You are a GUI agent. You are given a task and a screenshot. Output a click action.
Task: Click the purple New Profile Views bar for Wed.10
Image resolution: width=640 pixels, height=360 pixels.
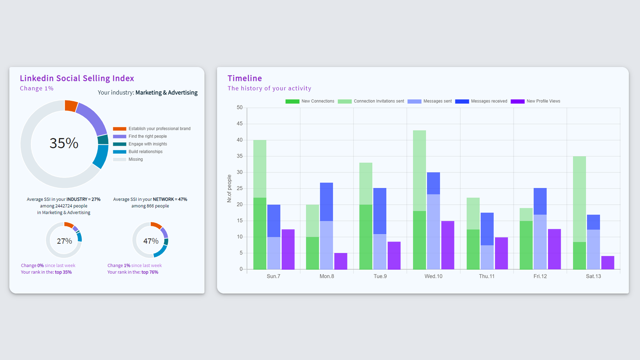[448, 245]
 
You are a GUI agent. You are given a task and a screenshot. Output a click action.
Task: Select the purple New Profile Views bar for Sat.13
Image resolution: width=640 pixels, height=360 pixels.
[608, 263]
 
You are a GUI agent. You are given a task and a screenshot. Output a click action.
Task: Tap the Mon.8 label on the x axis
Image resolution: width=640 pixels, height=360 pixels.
[327, 276]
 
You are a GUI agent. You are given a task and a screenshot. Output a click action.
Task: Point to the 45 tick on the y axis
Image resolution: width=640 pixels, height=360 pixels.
[240, 124]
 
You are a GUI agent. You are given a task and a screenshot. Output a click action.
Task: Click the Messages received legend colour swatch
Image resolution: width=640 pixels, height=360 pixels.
[462, 101]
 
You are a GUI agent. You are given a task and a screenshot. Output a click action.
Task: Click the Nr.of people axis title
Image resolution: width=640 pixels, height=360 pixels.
[229, 188]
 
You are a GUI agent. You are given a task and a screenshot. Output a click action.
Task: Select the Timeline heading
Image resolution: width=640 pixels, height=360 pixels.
[245, 78]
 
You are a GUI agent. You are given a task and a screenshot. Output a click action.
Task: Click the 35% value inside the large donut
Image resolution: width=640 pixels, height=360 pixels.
[64, 143]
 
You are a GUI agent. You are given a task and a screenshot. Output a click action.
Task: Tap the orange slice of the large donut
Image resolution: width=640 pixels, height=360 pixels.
[71, 106]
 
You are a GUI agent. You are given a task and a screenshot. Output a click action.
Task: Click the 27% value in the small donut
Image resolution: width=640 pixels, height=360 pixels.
[64, 241]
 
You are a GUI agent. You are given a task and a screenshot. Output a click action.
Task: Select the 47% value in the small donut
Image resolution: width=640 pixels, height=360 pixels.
[151, 241]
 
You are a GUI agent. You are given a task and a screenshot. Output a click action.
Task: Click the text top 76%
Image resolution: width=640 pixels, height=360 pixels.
[150, 272]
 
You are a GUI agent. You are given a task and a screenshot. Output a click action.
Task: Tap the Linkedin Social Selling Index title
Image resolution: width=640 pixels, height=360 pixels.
[77, 78]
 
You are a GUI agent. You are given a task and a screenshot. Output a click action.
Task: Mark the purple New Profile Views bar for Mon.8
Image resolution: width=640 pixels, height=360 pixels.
[341, 261]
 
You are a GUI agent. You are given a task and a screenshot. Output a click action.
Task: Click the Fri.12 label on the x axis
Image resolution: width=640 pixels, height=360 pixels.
[540, 276]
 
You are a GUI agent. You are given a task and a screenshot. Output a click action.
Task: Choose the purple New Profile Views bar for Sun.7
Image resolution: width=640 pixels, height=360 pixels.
[288, 249]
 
